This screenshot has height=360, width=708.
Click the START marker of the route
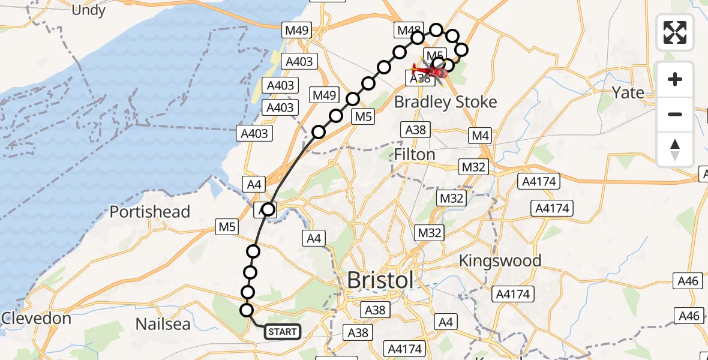pos(281,331)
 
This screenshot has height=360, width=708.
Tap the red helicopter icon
pos(431,71)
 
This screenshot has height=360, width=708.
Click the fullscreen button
pos(675,32)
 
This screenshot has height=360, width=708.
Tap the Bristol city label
pos(380,280)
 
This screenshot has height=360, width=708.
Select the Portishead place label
pos(149,212)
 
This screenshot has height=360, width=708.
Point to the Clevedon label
pos(37,318)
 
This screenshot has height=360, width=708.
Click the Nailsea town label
pos(163,324)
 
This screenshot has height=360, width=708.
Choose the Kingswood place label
pos(500,260)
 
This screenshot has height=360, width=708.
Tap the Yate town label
pos(628,92)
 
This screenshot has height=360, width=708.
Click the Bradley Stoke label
pos(445,102)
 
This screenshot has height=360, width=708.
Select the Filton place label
pos(414,155)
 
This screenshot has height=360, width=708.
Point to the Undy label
pos(88,10)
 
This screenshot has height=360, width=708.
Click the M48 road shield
pos(409,30)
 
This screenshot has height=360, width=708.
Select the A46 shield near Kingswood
pos(689,280)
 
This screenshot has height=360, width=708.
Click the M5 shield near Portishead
pos(227,226)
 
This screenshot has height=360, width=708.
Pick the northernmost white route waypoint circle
pos(436,30)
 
